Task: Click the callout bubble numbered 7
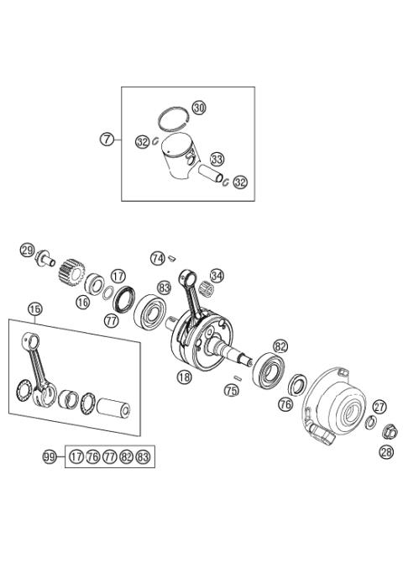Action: click(x=107, y=140)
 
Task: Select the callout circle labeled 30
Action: click(x=198, y=108)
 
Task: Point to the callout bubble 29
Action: click(x=28, y=250)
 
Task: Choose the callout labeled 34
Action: click(x=217, y=276)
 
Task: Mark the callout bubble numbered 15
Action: click(x=34, y=309)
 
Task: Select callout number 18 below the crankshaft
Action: click(x=184, y=379)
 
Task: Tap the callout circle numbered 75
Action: click(x=231, y=389)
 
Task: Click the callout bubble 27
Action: click(x=379, y=407)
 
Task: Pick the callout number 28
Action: click(x=385, y=453)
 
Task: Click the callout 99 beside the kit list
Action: click(x=50, y=456)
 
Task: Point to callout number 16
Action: click(x=82, y=301)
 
